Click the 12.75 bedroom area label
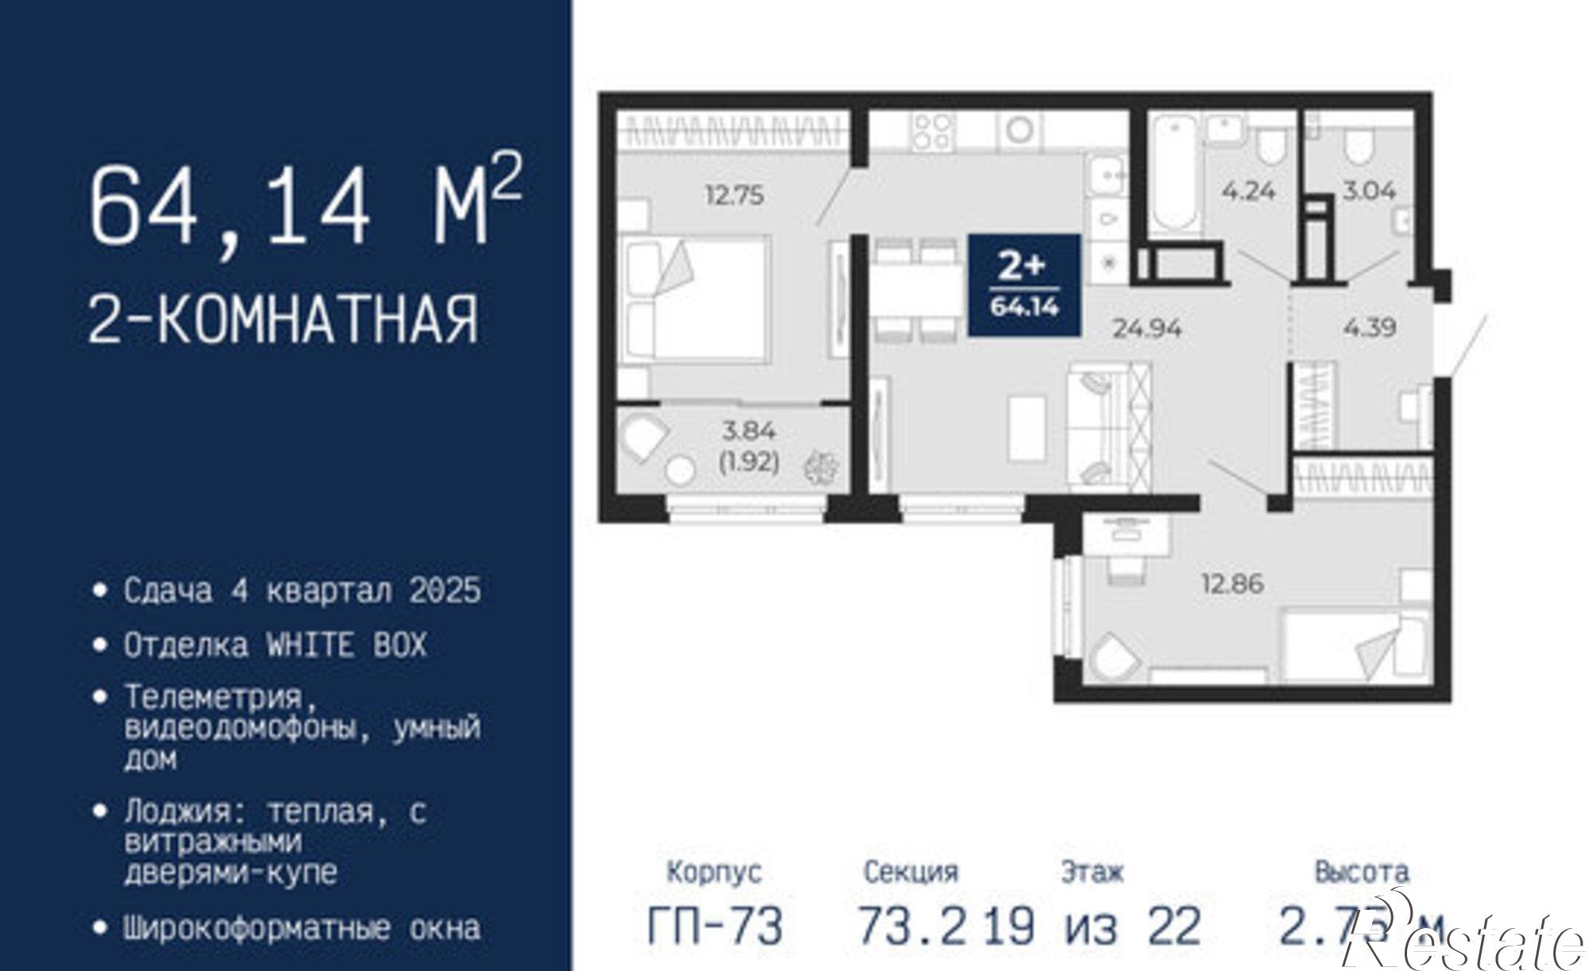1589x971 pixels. click(x=735, y=195)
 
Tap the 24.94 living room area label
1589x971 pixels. click(x=1146, y=328)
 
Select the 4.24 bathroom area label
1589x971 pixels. click(x=1249, y=191)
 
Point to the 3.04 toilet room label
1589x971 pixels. click(x=1369, y=191)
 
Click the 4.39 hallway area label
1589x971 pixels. click(x=1370, y=327)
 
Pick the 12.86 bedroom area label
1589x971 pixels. click(x=1232, y=584)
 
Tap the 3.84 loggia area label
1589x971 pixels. click(x=748, y=431)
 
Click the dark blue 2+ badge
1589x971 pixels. click(x=1024, y=285)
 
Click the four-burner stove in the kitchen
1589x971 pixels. click(x=933, y=132)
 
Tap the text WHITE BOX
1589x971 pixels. click(x=346, y=645)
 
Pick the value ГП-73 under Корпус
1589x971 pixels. click(x=715, y=926)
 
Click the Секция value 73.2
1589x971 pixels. click(x=912, y=926)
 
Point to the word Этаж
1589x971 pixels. click(x=1092, y=873)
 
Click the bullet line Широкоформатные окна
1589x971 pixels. click(x=302, y=928)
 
